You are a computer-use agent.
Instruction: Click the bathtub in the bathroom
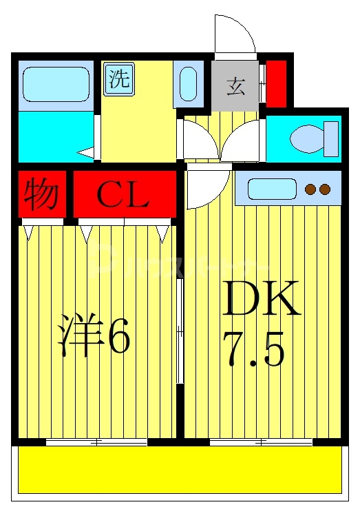tap(56, 84)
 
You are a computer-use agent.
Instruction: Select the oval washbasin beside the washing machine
tap(188, 85)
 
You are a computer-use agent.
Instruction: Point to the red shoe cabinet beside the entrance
tap(276, 84)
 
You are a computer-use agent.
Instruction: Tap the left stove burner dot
tap(310, 189)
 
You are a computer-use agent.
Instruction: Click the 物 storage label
tap(41, 195)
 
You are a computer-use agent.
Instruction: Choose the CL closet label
tap(123, 196)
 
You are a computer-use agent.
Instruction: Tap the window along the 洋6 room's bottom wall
tap(96, 442)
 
